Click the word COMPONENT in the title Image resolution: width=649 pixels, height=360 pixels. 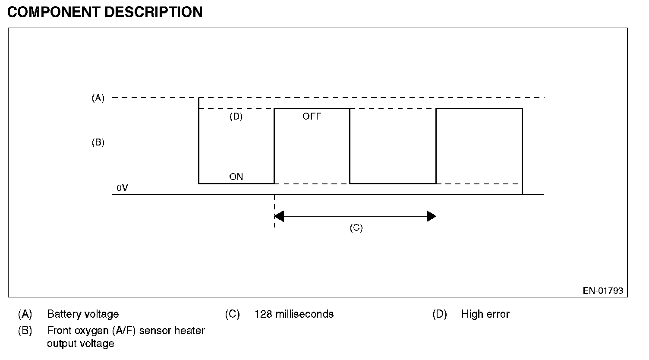[x=54, y=12]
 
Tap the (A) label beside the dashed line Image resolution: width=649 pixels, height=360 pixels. [x=98, y=98]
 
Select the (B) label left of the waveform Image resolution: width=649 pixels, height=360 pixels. [x=98, y=142]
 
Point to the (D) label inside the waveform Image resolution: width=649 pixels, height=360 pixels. [x=236, y=117]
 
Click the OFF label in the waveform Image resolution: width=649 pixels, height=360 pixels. [x=312, y=117]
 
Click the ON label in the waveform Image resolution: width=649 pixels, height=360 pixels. [x=236, y=177]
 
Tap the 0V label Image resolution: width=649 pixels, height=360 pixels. [x=122, y=188]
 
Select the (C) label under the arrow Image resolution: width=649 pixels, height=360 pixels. [x=356, y=228]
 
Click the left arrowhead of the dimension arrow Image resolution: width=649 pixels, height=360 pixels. [x=279, y=216]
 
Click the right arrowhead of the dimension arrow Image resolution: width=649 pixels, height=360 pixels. [x=432, y=216]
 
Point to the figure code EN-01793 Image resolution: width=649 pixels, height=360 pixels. [x=603, y=291]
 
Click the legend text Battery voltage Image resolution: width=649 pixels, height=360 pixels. [x=83, y=314]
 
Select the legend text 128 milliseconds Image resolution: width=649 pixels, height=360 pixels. [x=294, y=314]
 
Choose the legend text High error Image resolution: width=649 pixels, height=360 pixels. [x=485, y=314]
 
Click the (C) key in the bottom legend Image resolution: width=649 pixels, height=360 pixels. [x=232, y=314]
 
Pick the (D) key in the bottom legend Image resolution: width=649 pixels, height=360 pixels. [x=440, y=314]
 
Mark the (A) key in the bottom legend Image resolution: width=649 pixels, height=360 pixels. [x=25, y=314]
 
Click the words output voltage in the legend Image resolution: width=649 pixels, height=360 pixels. [x=81, y=344]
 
